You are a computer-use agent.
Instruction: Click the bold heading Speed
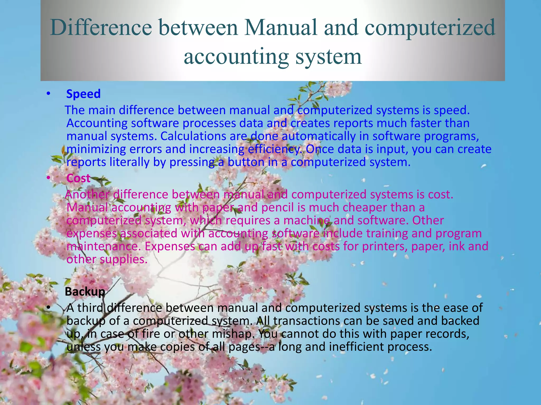point(83,94)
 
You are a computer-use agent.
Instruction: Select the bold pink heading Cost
point(78,178)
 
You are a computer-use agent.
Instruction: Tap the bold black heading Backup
point(85,292)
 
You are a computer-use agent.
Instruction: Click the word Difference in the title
point(101,27)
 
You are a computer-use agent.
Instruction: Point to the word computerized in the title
point(430,27)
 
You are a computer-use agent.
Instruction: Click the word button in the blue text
point(246,162)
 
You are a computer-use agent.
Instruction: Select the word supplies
point(123,259)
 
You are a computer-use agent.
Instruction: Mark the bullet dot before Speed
point(48,94)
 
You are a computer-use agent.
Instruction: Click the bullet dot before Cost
point(48,179)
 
